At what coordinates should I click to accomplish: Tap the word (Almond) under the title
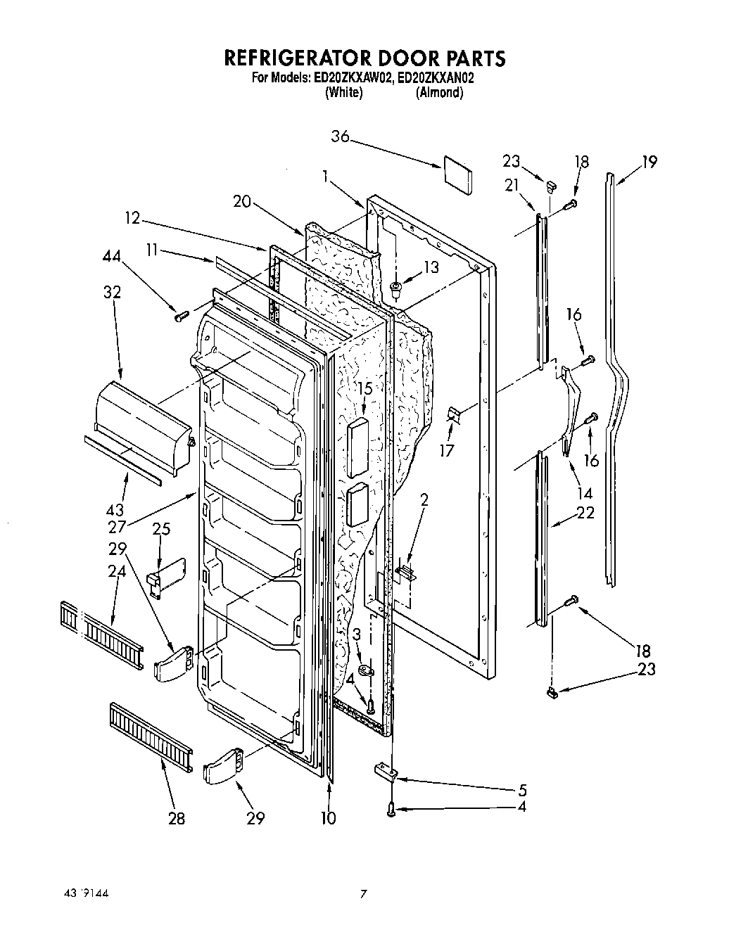click(x=439, y=93)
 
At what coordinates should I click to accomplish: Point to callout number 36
click(x=340, y=137)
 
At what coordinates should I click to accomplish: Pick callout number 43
click(x=115, y=510)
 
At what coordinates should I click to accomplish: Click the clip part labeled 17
click(x=454, y=415)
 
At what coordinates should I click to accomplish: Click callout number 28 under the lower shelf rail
click(x=177, y=818)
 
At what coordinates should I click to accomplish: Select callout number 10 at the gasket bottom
click(x=328, y=818)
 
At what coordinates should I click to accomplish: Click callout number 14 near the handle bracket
click(x=584, y=493)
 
